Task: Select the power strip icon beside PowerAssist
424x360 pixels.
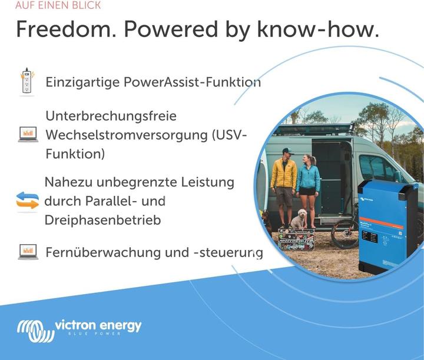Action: pos(26,81)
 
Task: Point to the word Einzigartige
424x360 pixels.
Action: pos(83,82)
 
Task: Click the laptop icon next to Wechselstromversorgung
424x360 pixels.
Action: pos(28,134)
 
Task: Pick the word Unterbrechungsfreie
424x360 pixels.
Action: pos(111,116)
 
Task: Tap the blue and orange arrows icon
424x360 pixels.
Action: pos(27,201)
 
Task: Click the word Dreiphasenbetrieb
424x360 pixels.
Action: pos(103,220)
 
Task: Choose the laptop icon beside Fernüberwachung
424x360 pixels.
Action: pos(28,252)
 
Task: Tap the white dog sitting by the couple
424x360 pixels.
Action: pos(299,219)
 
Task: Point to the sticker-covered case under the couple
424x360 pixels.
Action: pos(296,240)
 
